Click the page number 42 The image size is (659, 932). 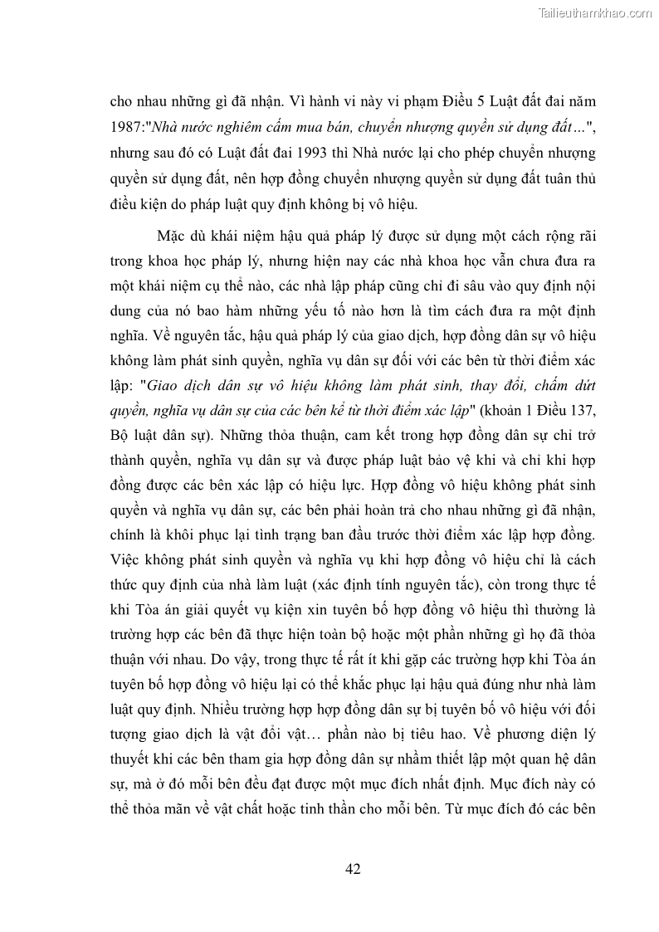click(352, 869)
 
